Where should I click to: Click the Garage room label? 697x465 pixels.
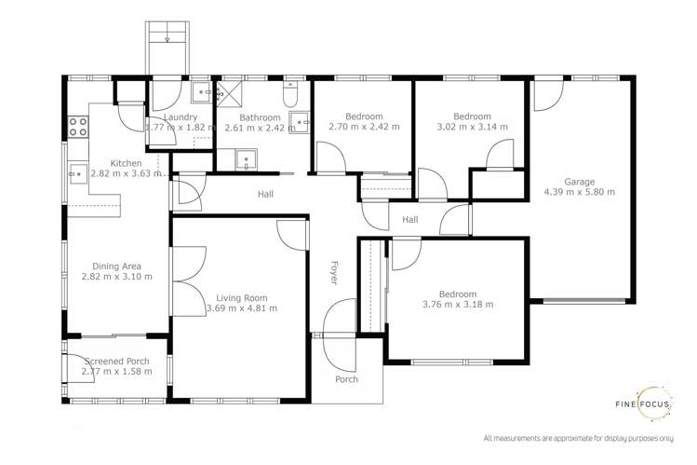tap(578, 182)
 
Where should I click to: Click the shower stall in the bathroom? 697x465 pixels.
tap(227, 93)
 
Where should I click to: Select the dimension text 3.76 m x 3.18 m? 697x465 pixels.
tap(457, 304)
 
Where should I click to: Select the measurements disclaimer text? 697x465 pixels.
tap(578, 438)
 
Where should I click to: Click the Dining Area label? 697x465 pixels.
tap(116, 266)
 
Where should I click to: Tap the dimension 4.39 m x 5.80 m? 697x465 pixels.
tap(578, 193)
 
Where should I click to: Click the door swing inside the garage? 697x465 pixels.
tap(546, 94)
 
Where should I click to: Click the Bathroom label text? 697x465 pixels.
tap(255, 117)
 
